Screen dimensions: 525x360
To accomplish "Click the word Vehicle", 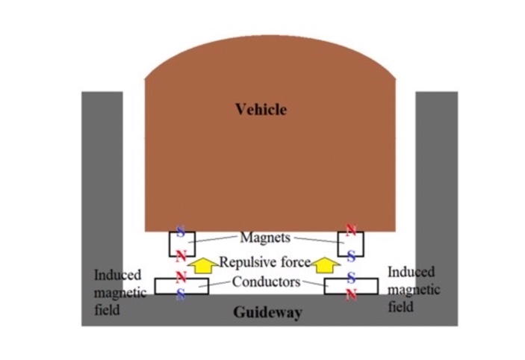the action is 261,109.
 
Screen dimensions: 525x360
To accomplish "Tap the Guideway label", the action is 267,312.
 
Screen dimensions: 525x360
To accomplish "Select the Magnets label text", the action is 265,238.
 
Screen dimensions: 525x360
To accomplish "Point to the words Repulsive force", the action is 265,262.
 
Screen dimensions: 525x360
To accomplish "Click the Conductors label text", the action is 266,282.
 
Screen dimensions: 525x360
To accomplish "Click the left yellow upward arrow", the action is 202,265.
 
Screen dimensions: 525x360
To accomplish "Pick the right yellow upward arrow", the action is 326,265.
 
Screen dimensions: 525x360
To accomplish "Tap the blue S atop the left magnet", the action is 181,231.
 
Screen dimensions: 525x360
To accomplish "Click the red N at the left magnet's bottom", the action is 181,256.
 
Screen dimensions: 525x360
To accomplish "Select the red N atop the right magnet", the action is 351,230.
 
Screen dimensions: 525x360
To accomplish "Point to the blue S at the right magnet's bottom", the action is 351,256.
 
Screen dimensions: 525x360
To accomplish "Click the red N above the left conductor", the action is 181,276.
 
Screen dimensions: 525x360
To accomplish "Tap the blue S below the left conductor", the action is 181,294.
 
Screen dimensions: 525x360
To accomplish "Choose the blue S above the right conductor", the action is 351,277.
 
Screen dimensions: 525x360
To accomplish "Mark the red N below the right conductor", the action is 351,294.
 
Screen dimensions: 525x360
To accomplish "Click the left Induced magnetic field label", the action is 120,292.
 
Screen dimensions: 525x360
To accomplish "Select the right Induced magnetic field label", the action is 414,289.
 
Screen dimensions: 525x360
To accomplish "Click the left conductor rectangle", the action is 181,286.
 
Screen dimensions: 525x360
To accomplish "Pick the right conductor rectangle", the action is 351,286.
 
